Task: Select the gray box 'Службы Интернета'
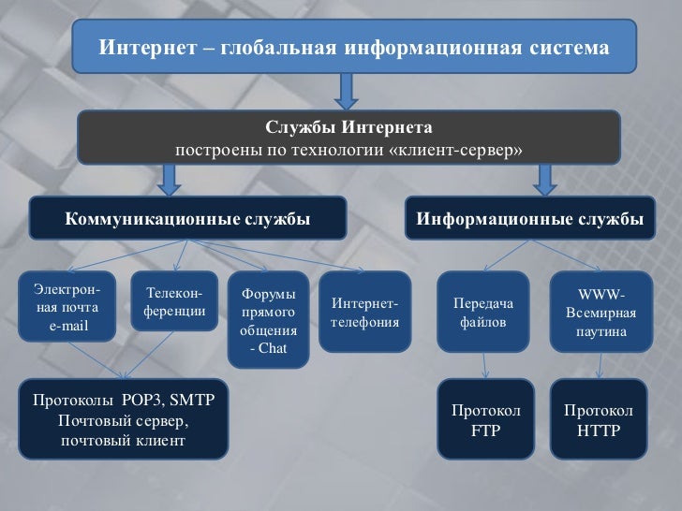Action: click(x=348, y=138)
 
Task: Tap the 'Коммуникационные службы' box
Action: click(x=187, y=219)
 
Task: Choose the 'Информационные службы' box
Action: click(x=529, y=219)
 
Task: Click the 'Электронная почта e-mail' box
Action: click(x=67, y=305)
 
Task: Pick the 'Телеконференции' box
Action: click(x=175, y=301)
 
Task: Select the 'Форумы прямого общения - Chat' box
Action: click(x=269, y=319)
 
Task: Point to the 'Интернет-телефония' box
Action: click(x=364, y=313)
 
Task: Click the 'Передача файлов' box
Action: click(x=483, y=313)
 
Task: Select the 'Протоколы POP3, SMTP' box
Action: click(x=123, y=419)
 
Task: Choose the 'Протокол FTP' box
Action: click(x=485, y=419)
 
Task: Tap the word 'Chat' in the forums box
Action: click(x=274, y=349)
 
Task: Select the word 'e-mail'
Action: click(x=68, y=325)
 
